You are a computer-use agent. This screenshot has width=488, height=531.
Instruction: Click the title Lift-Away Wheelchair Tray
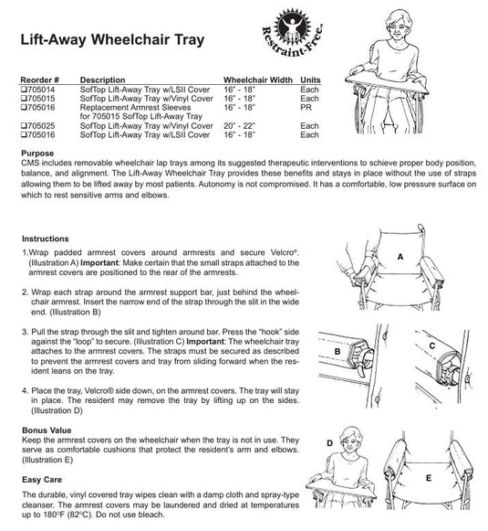(112, 40)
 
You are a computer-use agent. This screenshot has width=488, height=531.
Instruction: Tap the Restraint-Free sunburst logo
(292, 33)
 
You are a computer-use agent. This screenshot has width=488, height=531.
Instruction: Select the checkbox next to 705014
(24, 90)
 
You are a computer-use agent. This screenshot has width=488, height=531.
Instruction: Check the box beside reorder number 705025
(24, 126)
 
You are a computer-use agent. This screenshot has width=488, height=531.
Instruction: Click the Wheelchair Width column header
(258, 80)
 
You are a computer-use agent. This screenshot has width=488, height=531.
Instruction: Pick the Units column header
(310, 80)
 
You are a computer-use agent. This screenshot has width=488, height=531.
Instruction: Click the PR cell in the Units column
(306, 107)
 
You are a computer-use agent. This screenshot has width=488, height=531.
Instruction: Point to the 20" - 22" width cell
(239, 125)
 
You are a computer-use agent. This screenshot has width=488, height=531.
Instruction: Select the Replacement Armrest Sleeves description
(136, 107)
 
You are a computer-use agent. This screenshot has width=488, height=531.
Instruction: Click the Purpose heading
(37, 153)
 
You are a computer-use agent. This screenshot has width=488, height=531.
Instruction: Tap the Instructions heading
(46, 239)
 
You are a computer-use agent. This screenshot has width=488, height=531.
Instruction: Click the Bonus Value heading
(47, 430)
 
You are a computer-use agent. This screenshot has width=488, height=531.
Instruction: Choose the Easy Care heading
(42, 480)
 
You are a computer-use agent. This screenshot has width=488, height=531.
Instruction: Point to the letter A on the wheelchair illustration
(400, 257)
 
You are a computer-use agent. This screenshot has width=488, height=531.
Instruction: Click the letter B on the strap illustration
(337, 352)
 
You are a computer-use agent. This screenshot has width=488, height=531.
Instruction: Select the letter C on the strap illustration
(431, 345)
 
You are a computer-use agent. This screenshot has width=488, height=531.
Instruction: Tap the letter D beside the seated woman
(330, 443)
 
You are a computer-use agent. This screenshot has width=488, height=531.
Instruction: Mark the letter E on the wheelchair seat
(429, 478)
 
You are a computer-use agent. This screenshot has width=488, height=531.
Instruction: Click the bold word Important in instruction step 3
(205, 342)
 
